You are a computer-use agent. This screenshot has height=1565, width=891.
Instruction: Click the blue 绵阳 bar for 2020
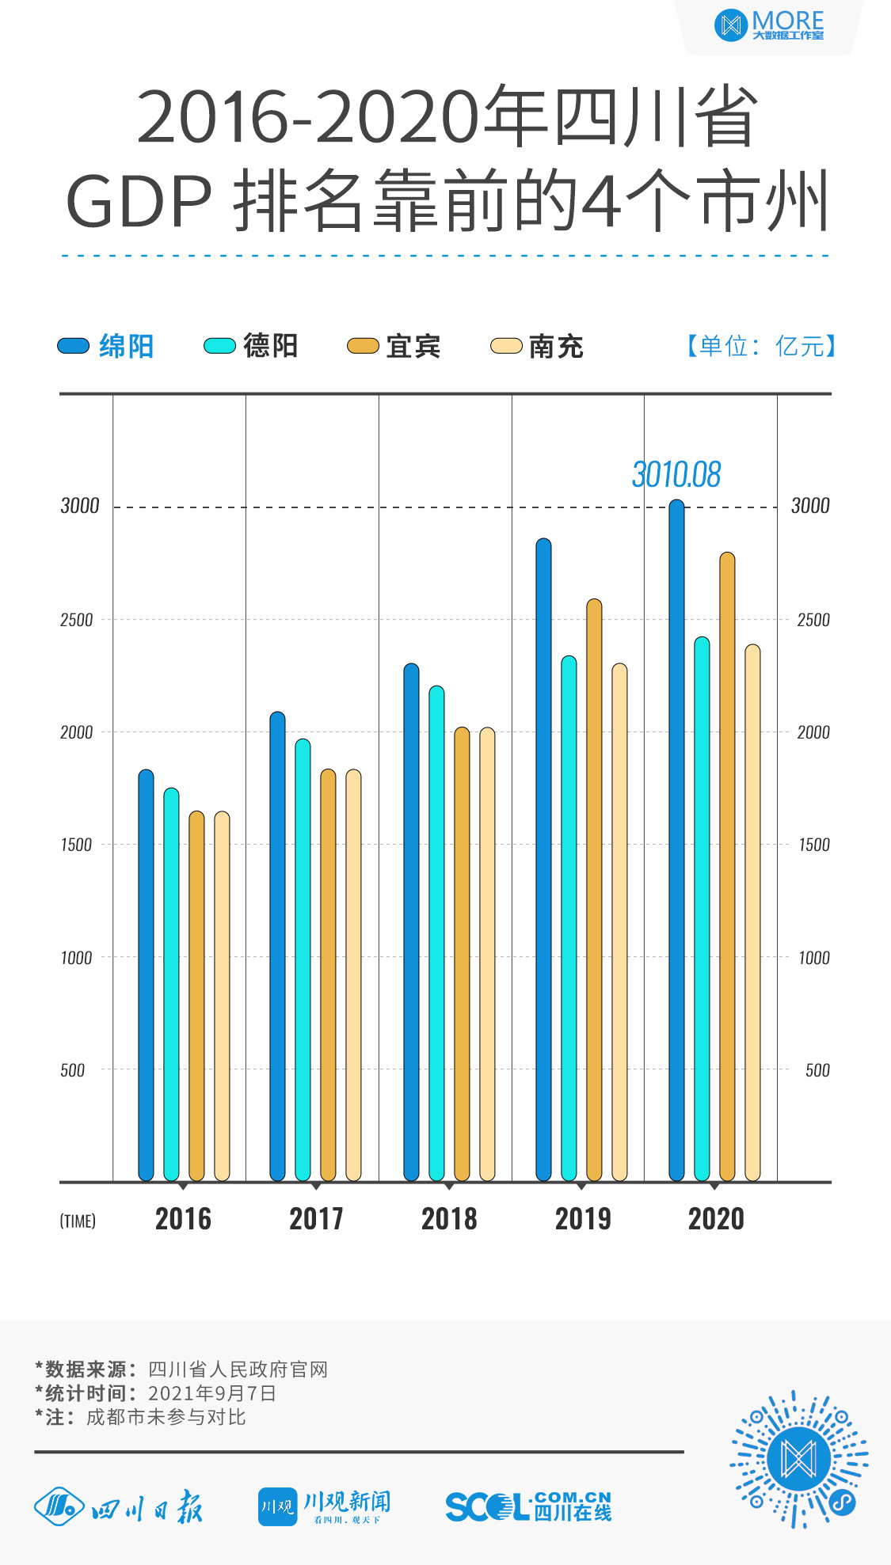point(676,839)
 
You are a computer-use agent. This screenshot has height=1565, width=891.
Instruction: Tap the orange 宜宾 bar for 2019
point(594,890)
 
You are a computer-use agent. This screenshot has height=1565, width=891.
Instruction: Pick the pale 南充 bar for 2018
point(487,954)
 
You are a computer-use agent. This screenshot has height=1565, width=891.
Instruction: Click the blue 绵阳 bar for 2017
point(277,946)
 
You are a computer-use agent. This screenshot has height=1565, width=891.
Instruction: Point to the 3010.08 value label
point(676,475)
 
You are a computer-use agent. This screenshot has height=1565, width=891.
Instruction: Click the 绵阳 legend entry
point(106,346)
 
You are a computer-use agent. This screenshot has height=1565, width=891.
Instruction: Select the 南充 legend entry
point(538,346)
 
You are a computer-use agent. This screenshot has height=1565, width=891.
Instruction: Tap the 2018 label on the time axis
point(449,1219)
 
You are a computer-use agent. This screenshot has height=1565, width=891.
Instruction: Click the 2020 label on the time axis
point(716,1219)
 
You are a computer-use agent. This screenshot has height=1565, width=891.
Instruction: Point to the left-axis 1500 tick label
point(76,845)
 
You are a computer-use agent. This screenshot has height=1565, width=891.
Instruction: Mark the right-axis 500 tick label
point(817,1070)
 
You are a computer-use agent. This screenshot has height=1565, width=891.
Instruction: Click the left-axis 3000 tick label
point(80,506)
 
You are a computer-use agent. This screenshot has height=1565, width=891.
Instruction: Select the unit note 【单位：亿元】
point(760,346)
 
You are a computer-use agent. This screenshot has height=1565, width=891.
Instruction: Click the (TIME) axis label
point(78,1221)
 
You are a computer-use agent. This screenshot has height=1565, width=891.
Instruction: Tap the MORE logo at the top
point(769,25)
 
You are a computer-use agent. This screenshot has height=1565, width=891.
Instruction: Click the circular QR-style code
point(798,1459)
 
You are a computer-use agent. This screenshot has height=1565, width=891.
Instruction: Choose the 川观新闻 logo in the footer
point(325,1506)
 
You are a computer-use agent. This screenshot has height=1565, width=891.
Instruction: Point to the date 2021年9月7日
point(212,1393)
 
